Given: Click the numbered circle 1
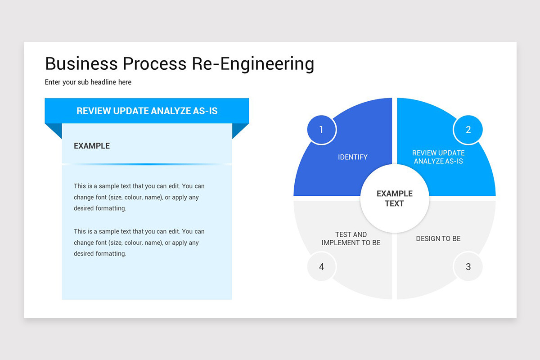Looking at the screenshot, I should pos(321,130).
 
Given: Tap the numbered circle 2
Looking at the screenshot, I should pos(468,130).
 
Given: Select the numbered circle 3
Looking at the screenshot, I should pos(468,267).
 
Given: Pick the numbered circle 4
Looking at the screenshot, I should pos(321,267).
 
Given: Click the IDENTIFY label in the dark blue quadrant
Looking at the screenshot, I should pos(353,157).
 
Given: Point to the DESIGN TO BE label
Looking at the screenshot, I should pos(438,238).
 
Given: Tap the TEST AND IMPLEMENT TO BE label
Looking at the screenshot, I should pos(351,238).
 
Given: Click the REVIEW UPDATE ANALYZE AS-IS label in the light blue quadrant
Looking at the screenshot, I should pos(438,157).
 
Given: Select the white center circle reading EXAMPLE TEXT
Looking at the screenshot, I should pos(395,198).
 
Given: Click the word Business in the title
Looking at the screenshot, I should pos(81,64).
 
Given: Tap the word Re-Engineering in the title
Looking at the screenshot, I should pos(253,64).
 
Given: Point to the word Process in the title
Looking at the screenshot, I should pos(154,64).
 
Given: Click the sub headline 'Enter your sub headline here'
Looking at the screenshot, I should pos(88,82).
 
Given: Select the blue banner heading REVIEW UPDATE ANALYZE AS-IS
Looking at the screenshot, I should pos(147,111).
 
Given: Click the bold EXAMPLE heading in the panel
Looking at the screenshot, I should pos(92,146).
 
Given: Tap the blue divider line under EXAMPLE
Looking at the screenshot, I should pos(147,164).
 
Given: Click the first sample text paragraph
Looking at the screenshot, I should pos(139,197).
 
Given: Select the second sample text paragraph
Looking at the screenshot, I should pos(139,243).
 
